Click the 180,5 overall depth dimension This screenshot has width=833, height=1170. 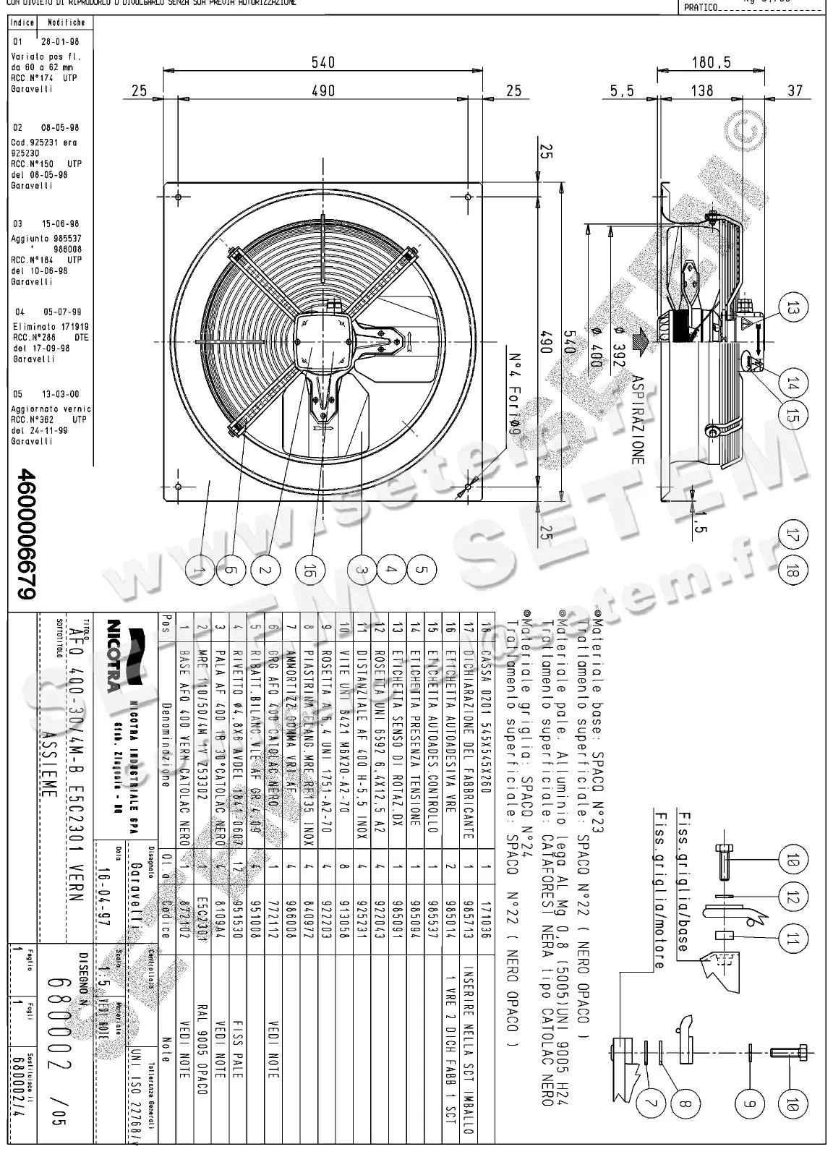tap(711, 63)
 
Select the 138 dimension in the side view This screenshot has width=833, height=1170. tap(701, 91)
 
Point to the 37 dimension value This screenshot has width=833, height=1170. tap(795, 91)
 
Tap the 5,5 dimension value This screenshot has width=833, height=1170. tap(622, 91)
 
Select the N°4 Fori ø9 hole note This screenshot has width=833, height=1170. tap(516, 393)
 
